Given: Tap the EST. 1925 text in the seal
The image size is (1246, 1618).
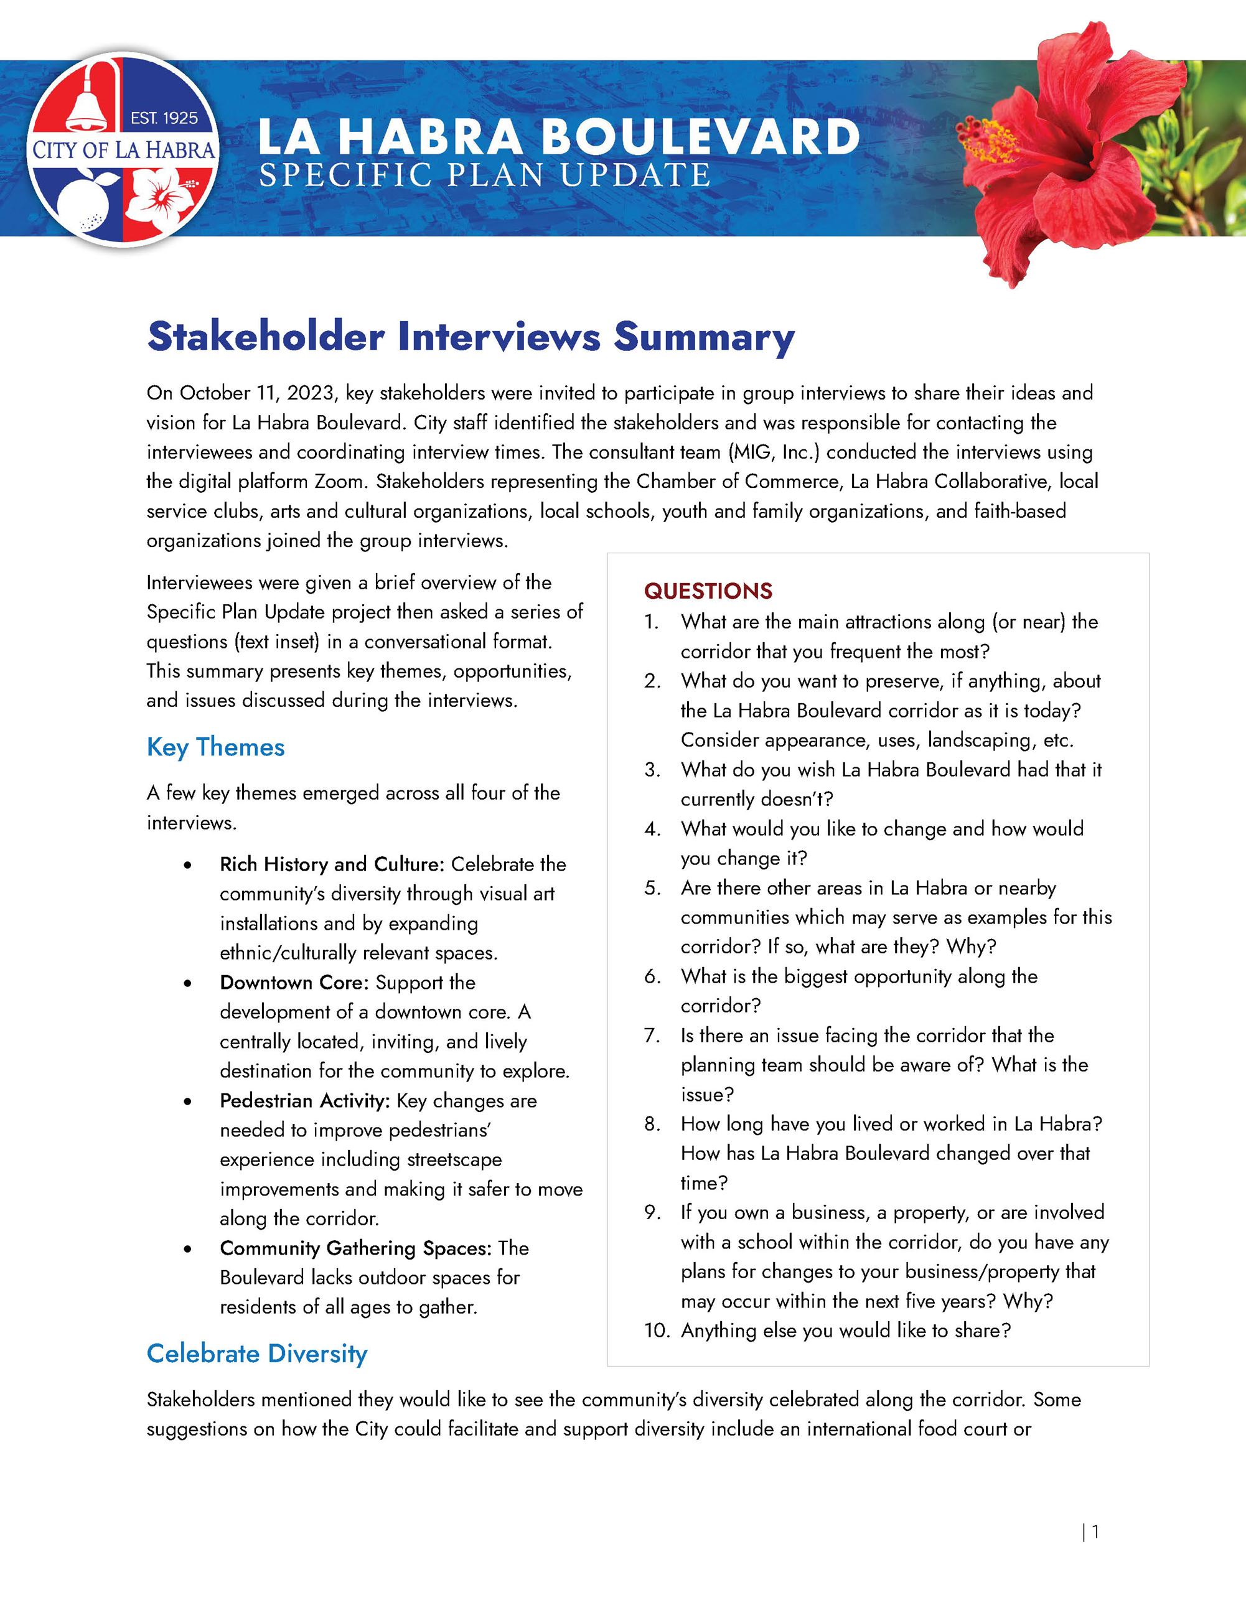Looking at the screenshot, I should coord(164,118).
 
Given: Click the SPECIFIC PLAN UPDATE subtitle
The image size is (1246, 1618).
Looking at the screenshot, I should coord(484,175).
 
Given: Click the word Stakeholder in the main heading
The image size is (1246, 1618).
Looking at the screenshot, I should coord(265,337).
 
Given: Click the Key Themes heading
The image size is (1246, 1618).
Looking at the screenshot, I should coord(215,747).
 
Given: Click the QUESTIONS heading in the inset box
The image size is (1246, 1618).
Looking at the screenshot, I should coord(708,591).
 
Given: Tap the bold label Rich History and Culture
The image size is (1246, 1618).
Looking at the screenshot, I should coord(331,864).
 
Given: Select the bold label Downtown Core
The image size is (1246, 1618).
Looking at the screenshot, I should coord(293,983).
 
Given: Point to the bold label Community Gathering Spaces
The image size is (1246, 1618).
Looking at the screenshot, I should coord(355,1248).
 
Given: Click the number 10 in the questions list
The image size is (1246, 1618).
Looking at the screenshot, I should coord(655,1330).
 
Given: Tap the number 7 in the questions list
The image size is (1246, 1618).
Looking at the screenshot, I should coord(651,1036).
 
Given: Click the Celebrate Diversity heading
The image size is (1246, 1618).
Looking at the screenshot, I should coord(256,1354).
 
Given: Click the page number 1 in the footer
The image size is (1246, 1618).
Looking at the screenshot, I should coord(1095,1531).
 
